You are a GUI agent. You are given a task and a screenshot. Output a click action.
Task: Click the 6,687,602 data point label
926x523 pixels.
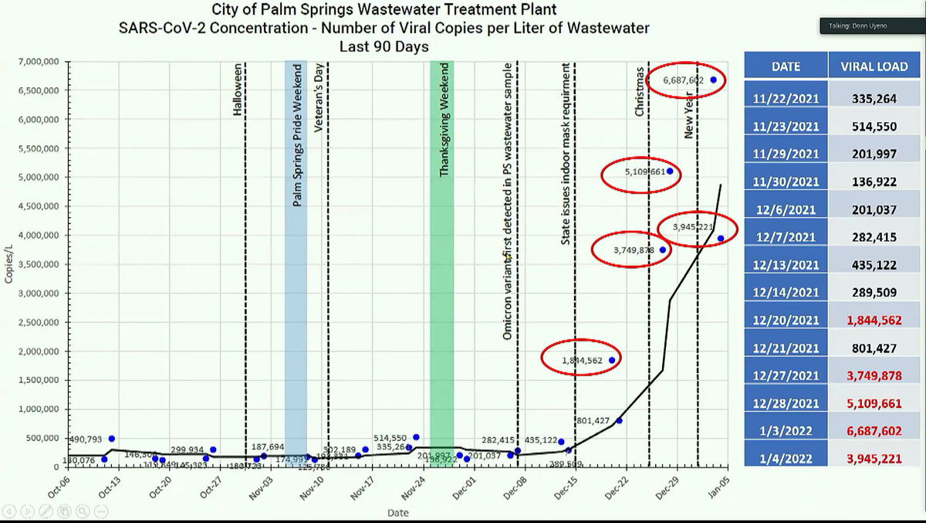(x=683, y=80)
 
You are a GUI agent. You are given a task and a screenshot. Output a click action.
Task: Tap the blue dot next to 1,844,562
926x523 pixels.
(x=612, y=360)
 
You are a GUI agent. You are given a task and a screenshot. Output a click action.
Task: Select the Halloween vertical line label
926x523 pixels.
(x=238, y=90)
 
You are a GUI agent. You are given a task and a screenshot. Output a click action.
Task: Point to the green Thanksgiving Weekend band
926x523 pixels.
(x=442, y=263)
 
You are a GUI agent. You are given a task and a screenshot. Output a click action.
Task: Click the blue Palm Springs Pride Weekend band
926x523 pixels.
(x=296, y=263)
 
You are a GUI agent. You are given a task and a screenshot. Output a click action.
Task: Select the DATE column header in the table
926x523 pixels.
(x=786, y=66)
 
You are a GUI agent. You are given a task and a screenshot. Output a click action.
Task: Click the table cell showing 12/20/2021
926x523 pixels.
(x=786, y=320)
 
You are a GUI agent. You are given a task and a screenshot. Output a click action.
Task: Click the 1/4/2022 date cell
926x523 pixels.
(x=786, y=458)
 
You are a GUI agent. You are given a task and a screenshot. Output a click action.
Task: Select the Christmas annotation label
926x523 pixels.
(x=640, y=91)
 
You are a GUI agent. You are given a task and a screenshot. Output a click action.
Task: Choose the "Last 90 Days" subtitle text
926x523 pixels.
(x=384, y=46)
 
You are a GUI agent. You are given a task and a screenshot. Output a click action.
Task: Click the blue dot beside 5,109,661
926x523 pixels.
(x=670, y=171)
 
